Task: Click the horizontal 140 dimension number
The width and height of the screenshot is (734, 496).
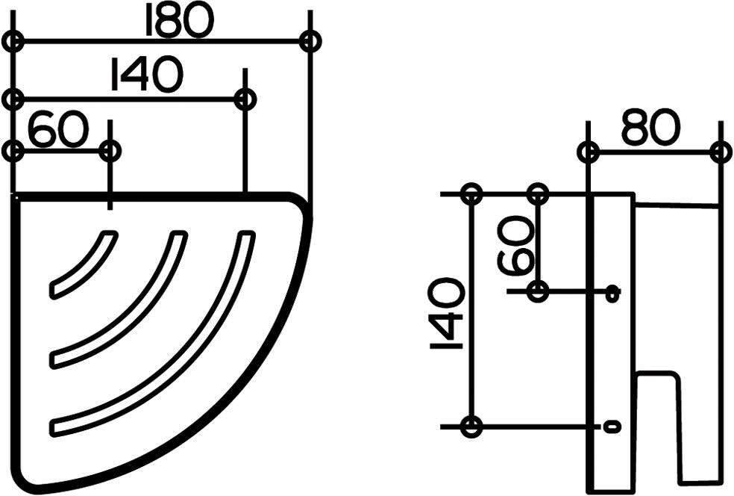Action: (145, 75)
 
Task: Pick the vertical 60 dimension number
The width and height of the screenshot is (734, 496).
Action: (515, 245)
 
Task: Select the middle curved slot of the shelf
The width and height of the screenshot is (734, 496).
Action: (119, 298)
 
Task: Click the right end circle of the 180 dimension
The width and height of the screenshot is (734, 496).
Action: (310, 41)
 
